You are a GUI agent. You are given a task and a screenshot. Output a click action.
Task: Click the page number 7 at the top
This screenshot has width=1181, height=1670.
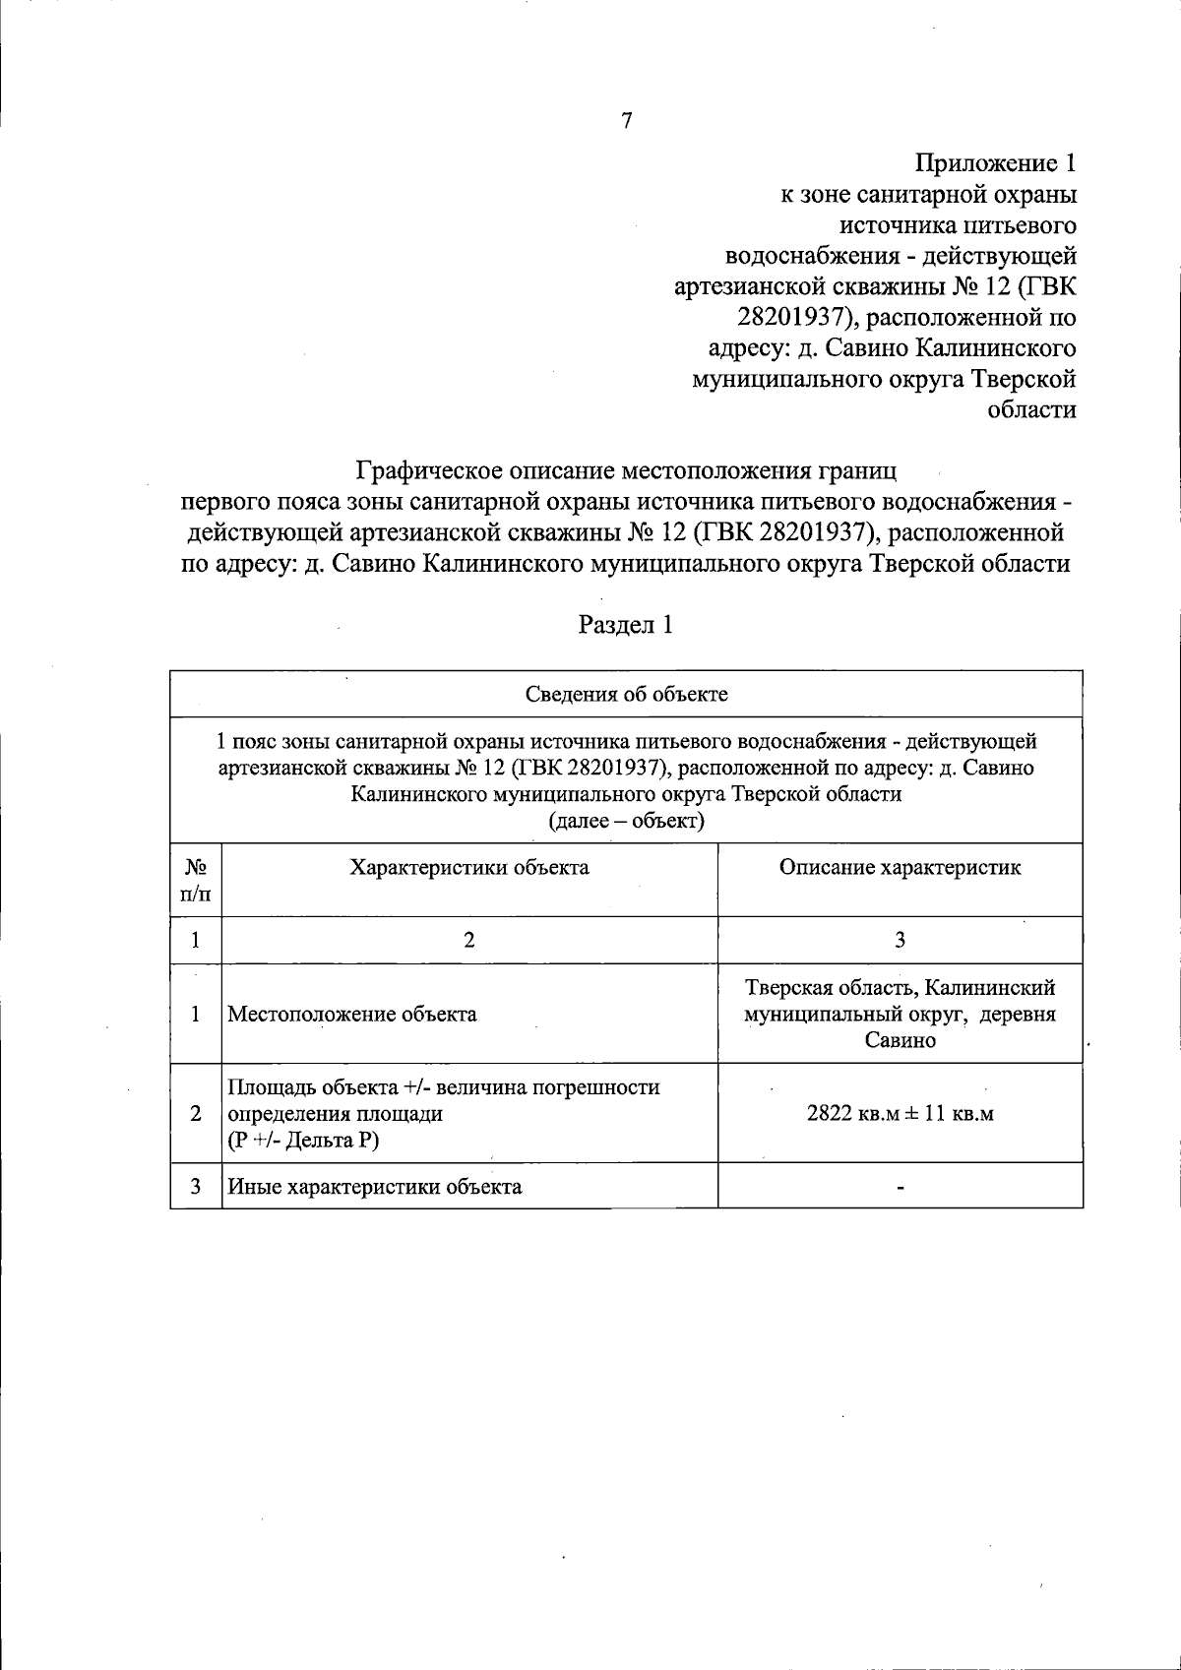tap(627, 121)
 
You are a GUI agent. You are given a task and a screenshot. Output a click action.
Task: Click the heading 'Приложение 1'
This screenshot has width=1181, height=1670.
tap(995, 162)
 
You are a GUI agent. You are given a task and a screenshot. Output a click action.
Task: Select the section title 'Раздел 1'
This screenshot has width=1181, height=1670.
tap(626, 624)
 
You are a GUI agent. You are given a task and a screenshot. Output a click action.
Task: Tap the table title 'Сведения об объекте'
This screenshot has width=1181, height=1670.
tap(626, 694)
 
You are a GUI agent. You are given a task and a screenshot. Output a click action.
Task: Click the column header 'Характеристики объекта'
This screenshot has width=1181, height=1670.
tap(469, 867)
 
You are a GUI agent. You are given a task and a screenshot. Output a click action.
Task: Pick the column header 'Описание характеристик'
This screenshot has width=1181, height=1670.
tap(900, 867)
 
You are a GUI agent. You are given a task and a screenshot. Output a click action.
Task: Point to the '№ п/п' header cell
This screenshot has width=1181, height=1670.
tap(196, 880)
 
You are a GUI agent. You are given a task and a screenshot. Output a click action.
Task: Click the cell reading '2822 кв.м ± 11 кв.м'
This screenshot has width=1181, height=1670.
tap(900, 1114)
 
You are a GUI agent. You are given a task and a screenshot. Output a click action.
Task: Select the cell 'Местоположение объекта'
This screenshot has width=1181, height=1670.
tap(351, 1014)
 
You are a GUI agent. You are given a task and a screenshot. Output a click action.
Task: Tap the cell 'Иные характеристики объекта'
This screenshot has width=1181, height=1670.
tap(375, 1186)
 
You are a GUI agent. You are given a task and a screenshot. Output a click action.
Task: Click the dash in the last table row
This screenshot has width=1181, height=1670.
tap(900, 1187)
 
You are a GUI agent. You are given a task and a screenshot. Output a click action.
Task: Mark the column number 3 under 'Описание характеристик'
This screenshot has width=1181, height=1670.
tap(900, 940)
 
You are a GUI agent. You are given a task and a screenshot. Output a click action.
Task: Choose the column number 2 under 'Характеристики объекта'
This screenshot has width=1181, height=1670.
tap(469, 940)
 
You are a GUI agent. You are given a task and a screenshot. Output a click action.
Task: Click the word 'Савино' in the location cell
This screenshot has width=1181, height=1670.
tap(900, 1040)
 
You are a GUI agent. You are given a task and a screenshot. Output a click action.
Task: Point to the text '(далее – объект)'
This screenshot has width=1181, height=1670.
tap(626, 821)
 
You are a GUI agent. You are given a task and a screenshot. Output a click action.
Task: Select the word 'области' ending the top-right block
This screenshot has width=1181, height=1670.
tap(1030, 409)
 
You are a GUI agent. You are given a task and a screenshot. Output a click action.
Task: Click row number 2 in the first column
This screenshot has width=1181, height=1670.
tap(196, 1113)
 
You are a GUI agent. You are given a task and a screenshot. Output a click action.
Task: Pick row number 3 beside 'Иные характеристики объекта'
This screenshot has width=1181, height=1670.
tap(196, 1186)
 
